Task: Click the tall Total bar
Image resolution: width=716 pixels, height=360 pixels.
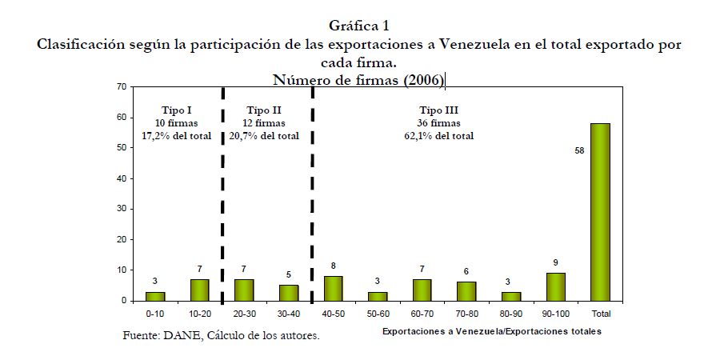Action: click(x=600, y=212)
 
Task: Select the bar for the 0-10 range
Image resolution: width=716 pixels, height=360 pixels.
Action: click(x=155, y=296)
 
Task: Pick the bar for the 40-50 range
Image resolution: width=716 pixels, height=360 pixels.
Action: click(x=334, y=288)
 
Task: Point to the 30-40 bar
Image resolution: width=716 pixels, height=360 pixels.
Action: click(x=290, y=293)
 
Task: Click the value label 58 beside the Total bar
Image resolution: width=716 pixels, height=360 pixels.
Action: click(x=580, y=150)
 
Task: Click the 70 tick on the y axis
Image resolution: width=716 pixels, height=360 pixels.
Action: click(x=121, y=86)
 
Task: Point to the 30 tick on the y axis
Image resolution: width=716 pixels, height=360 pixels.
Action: click(x=121, y=209)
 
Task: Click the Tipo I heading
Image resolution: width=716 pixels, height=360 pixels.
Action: click(x=176, y=110)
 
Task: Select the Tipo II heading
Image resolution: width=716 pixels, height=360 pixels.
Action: click(x=264, y=110)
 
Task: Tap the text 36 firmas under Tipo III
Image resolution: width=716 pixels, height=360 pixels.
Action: click(x=439, y=122)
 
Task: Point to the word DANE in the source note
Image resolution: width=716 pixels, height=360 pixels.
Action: click(x=186, y=335)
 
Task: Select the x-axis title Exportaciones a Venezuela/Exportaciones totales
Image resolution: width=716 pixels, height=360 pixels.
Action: click(x=491, y=330)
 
